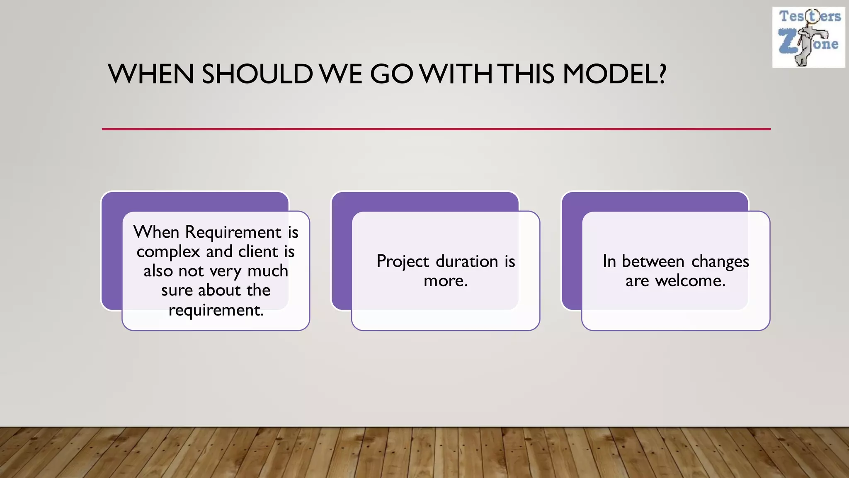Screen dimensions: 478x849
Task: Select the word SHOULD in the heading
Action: (257, 74)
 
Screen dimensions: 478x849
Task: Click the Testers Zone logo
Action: (808, 37)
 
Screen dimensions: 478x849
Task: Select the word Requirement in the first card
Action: (233, 232)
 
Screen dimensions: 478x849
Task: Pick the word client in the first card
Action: (258, 251)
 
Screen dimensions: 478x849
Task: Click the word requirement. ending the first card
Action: (216, 310)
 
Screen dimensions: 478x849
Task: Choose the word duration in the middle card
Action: (467, 261)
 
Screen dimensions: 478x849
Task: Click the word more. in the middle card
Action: (446, 281)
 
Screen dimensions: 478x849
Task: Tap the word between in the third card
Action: (653, 261)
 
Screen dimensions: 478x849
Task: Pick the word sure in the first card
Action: (177, 290)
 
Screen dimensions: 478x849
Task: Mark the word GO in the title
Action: (391, 74)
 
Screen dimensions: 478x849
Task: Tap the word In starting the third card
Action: (609, 261)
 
